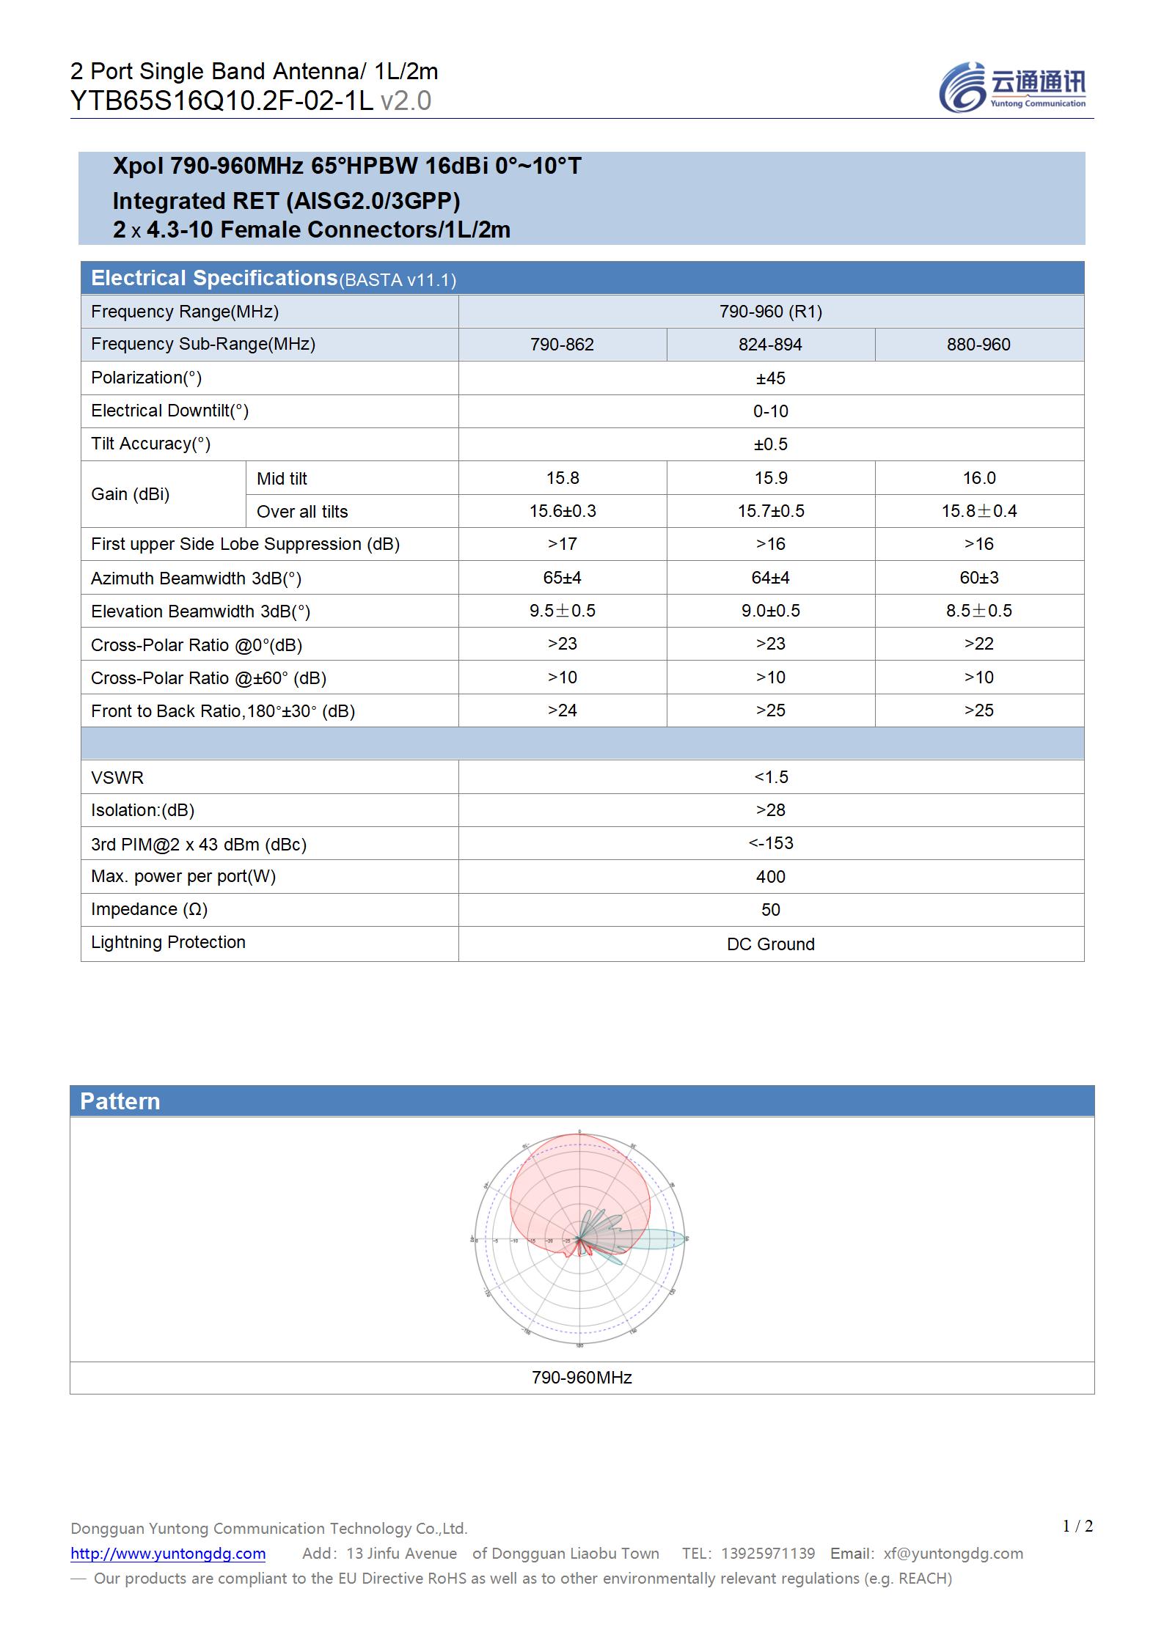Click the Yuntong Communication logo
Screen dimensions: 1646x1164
[1012, 88]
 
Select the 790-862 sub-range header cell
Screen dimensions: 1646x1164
[562, 345]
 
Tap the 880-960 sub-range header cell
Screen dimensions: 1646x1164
[978, 345]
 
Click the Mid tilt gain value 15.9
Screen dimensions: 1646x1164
[770, 478]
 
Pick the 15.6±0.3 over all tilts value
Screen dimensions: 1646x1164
[562, 511]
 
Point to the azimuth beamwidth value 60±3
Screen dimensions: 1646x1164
[978, 578]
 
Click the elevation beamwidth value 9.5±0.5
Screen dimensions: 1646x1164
[562, 611]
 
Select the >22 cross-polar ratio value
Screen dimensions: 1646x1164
[978, 644]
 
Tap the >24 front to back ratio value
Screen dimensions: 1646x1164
[562, 710]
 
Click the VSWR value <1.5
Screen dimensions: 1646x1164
[770, 777]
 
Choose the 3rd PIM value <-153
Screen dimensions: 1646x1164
[770, 843]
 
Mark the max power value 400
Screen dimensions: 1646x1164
[770, 877]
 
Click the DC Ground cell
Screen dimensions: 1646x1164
[770, 944]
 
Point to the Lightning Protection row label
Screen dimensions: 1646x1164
[168, 942]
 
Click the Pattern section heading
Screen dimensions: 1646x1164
[120, 1101]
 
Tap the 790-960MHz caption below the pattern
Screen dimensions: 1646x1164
[582, 1378]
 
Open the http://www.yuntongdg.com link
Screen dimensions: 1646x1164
[168, 1554]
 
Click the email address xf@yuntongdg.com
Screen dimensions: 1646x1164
[953, 1554]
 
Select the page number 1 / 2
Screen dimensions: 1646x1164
[1077, 1526]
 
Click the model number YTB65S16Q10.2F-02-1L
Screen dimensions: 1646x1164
[222, 101]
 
